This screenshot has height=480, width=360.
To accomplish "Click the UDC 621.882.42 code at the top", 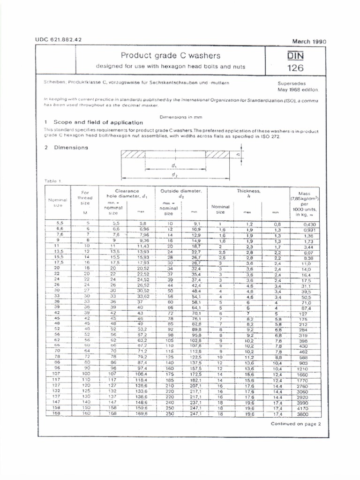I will [x=59, y=39].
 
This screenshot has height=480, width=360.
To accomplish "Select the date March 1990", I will [x=309, y=41].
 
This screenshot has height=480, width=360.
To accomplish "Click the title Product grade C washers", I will [x=170, y=55].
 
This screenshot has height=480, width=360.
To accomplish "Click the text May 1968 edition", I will [x=298, y=89].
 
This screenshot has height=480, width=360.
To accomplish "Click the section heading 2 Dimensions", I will [x=66, y=147].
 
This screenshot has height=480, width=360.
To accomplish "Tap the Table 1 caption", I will [x=53, y=180].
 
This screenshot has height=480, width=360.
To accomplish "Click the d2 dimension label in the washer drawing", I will [x=175, y=174].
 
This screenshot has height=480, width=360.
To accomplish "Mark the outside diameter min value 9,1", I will [x=196, y=224].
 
